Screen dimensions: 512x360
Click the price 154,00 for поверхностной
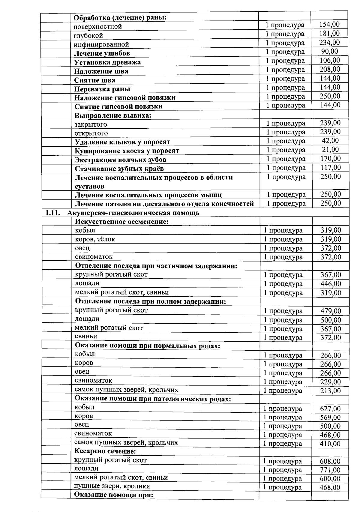(x=329, y=25)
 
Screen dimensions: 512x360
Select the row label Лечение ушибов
(x=102, y=53)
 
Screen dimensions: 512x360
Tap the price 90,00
(x=329, y=51)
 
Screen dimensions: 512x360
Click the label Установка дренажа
(x=107, y=62)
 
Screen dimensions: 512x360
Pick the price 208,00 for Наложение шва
(x=330, y=69)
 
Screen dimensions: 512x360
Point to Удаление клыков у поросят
(x=122, y=142)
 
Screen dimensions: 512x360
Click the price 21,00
(x=330, y=149)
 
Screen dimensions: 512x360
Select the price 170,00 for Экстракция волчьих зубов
(x=330, y=158)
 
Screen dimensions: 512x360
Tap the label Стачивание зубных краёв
(x=119, y=169)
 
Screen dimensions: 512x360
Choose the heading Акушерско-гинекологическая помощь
(x=133, y=213)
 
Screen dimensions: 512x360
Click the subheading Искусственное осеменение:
(x=121, y=222)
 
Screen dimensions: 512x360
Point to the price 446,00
(x=331, y=284)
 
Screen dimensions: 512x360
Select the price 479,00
(x=331, y=311)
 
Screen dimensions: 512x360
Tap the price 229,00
(x=331, y=382)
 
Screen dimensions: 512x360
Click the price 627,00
(x=330, y=409)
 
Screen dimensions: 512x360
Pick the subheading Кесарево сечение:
(x=105, y=451)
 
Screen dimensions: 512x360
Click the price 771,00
(x=330, y=470)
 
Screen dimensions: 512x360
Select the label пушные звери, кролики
(x=112, y=486)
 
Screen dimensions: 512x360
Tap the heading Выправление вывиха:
(x=112, y=115)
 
